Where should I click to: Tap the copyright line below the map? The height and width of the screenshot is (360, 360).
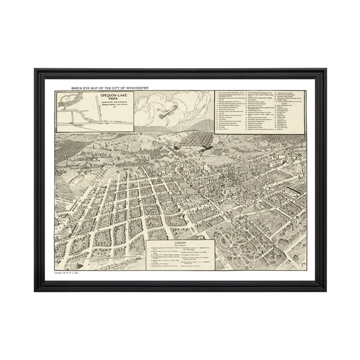[69, 274]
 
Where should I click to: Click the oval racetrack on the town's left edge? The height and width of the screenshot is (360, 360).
[67, 162]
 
